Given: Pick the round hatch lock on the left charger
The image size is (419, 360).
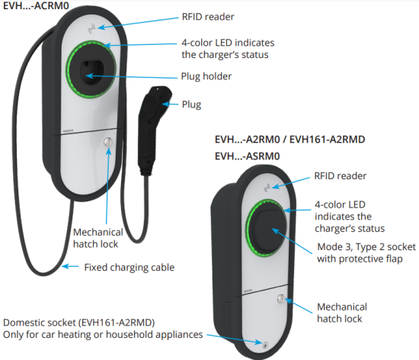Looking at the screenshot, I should [106, 142].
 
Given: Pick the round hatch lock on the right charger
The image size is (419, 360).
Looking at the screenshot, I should [281, 301].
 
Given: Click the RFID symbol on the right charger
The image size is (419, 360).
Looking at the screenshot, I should [267, 185].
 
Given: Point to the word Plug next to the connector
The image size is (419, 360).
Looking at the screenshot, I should [192, 104].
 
